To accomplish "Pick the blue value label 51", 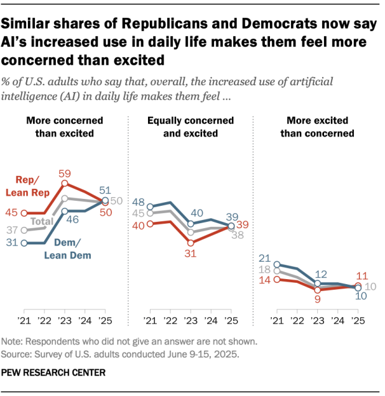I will (105, 190).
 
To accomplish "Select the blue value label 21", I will (264, 259).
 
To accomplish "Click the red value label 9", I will (317, 300).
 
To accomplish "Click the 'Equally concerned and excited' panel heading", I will (190, 127).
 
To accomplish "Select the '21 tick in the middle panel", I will (150, 321).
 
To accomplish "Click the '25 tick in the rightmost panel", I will (358, 321).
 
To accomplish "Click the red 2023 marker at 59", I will (64, 185).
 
